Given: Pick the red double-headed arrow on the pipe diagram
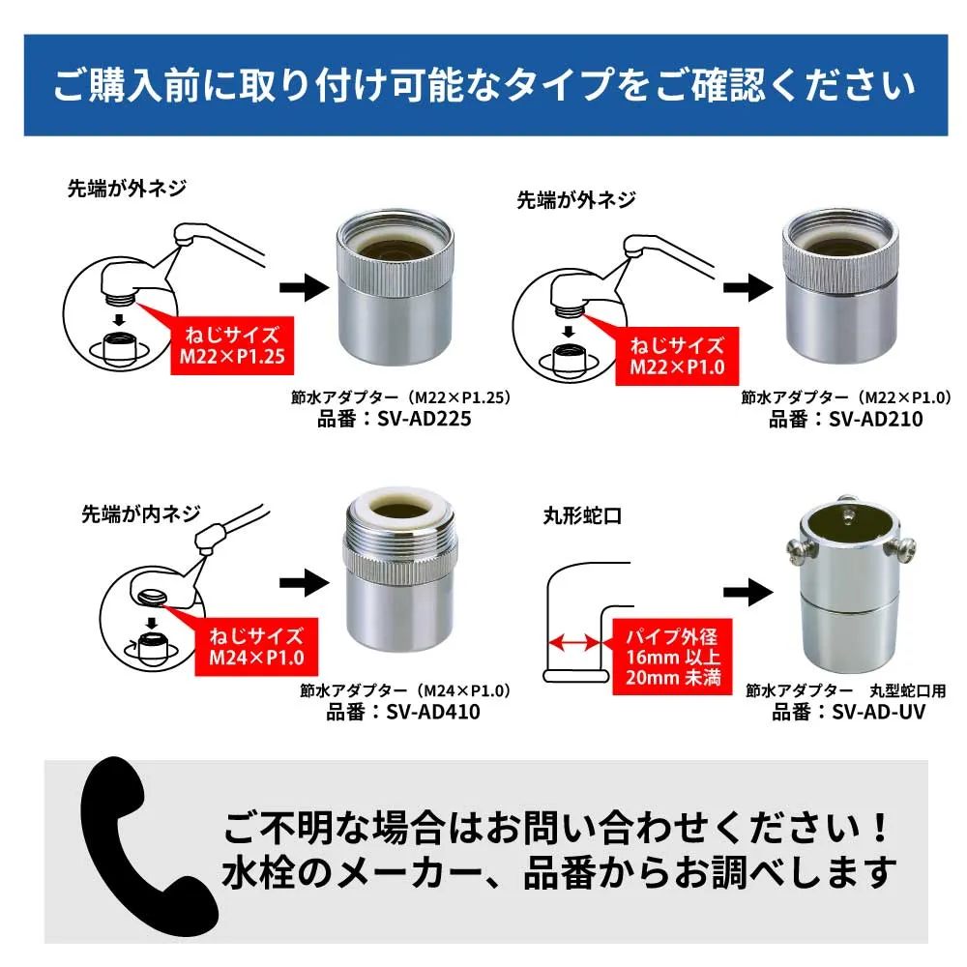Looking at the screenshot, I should pyautogui.click(x=571, y=641).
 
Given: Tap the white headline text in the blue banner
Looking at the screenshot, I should pyautogui.click(x=483, y=85).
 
